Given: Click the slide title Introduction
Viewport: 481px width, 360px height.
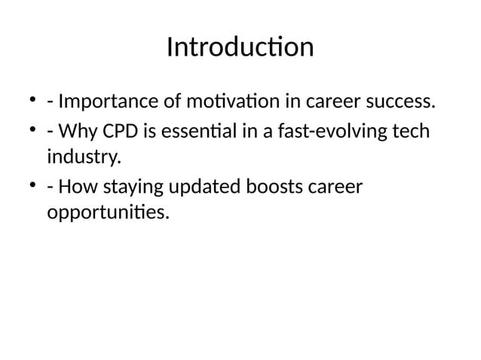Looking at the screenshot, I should click(240, 47).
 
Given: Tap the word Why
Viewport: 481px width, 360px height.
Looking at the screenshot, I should click(78, 133).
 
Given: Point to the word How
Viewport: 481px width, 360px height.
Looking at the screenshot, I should click(78, 186).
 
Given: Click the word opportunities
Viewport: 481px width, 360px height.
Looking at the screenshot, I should click(109, 214).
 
